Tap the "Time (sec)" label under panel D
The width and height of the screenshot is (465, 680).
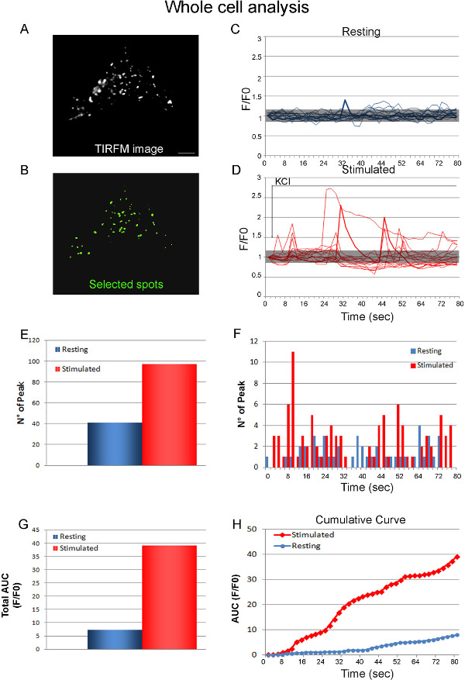[x=361, y=295]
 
